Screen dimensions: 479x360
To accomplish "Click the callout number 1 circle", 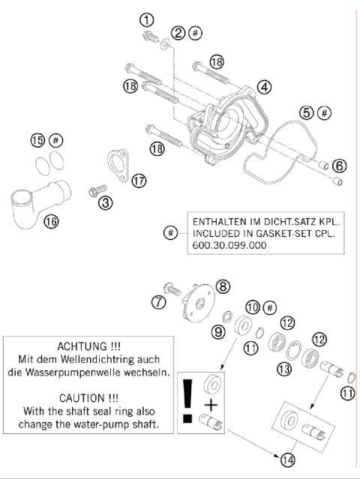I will (x=148, y=19).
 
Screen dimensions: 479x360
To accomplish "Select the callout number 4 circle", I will (x=264, y=87).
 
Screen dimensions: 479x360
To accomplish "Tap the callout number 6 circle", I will (x=340, y=165).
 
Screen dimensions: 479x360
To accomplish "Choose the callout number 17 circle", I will (x=138, y=181).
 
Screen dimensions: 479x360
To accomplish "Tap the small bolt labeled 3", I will (x=95, y=190).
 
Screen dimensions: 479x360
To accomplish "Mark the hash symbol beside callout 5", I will (x=325, y=113).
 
